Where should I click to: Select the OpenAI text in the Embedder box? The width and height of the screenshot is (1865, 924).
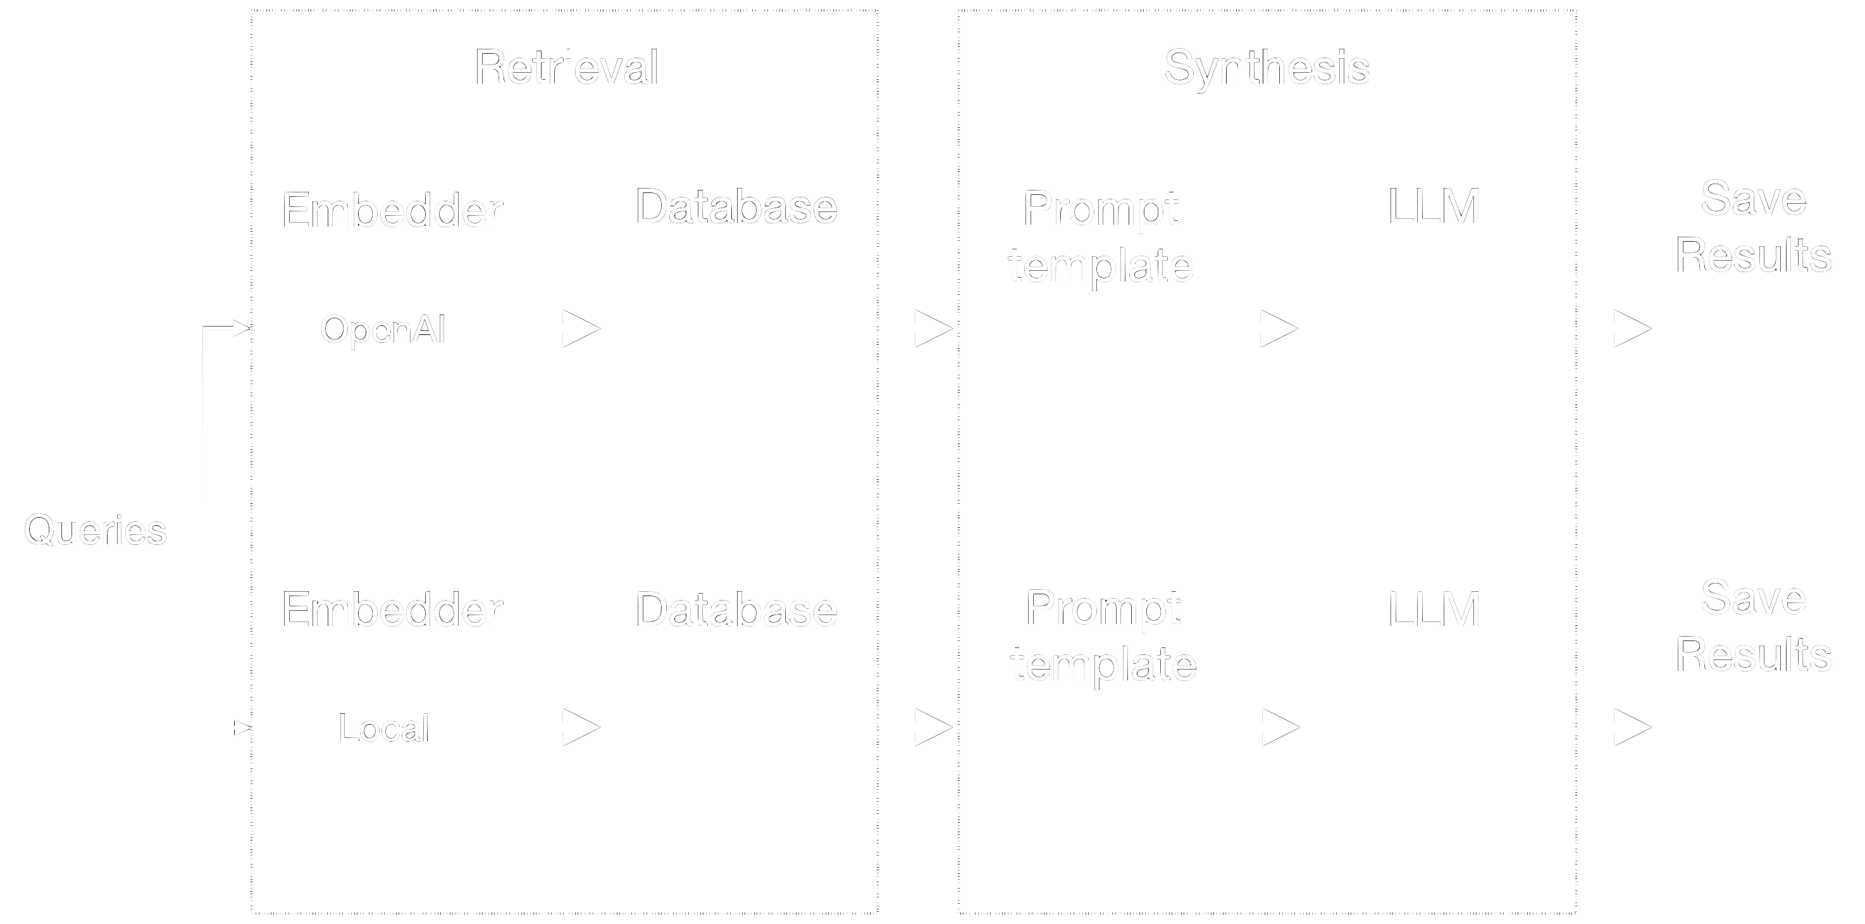[383, 330]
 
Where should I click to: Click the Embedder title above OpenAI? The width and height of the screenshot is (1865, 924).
[392, 211]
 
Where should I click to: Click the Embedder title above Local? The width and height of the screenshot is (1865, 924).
[392, 609]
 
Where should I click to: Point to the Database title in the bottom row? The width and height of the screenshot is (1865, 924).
[736, 609]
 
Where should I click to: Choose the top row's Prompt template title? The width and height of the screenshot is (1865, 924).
[1101, 237]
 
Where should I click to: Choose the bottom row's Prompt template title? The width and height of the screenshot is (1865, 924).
[1103, 636]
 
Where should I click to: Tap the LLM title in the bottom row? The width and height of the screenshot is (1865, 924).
[1434, 609]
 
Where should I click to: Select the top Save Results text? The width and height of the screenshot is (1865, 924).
[1754, 227]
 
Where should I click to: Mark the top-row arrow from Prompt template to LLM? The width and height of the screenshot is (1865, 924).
[1268, 328]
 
